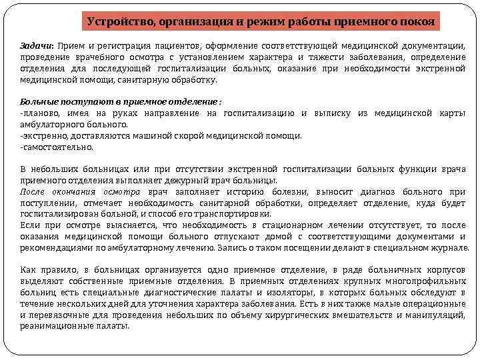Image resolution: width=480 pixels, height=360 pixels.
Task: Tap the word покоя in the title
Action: pyautogui.click(x=417, y=21)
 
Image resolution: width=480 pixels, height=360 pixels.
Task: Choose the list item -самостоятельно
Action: pyautogui.click(x=57, y=147)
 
